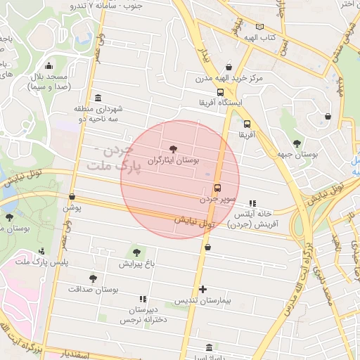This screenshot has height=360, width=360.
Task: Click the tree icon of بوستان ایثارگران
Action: (173, 148)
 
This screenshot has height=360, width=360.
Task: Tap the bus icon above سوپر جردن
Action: (217, 188)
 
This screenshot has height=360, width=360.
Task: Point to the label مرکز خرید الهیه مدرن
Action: (229, 78)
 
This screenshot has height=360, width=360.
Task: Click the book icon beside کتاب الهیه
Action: (260, 27)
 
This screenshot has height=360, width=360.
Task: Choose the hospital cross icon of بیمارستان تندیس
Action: (203, 289)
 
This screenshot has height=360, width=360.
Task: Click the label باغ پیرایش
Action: (136, 264)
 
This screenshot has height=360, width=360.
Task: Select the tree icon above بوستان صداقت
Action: (93, 278)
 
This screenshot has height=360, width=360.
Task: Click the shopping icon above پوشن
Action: (72, 196)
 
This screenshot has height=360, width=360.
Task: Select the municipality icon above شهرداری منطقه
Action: (97, 98)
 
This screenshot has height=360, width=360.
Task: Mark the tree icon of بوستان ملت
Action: (9, 217)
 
